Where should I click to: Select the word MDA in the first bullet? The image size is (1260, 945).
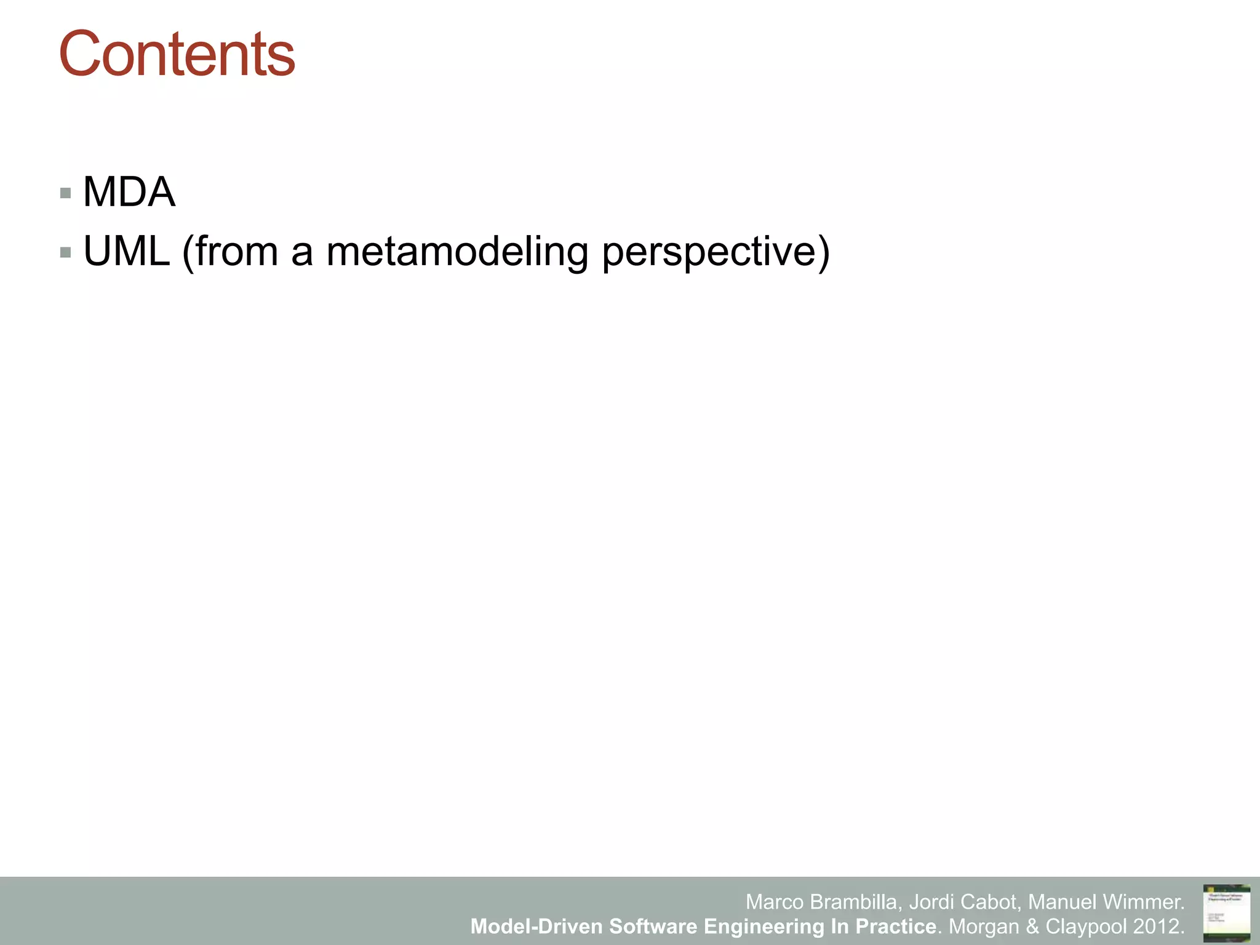[129, 192]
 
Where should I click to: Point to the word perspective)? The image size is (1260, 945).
[716, 252]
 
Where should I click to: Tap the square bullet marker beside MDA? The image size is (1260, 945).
[66, 194]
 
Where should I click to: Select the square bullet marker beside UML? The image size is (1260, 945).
[66, 252]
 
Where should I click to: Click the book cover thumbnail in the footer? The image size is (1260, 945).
[1226, 912]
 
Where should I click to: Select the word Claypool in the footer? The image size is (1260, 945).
[1087, 926]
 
